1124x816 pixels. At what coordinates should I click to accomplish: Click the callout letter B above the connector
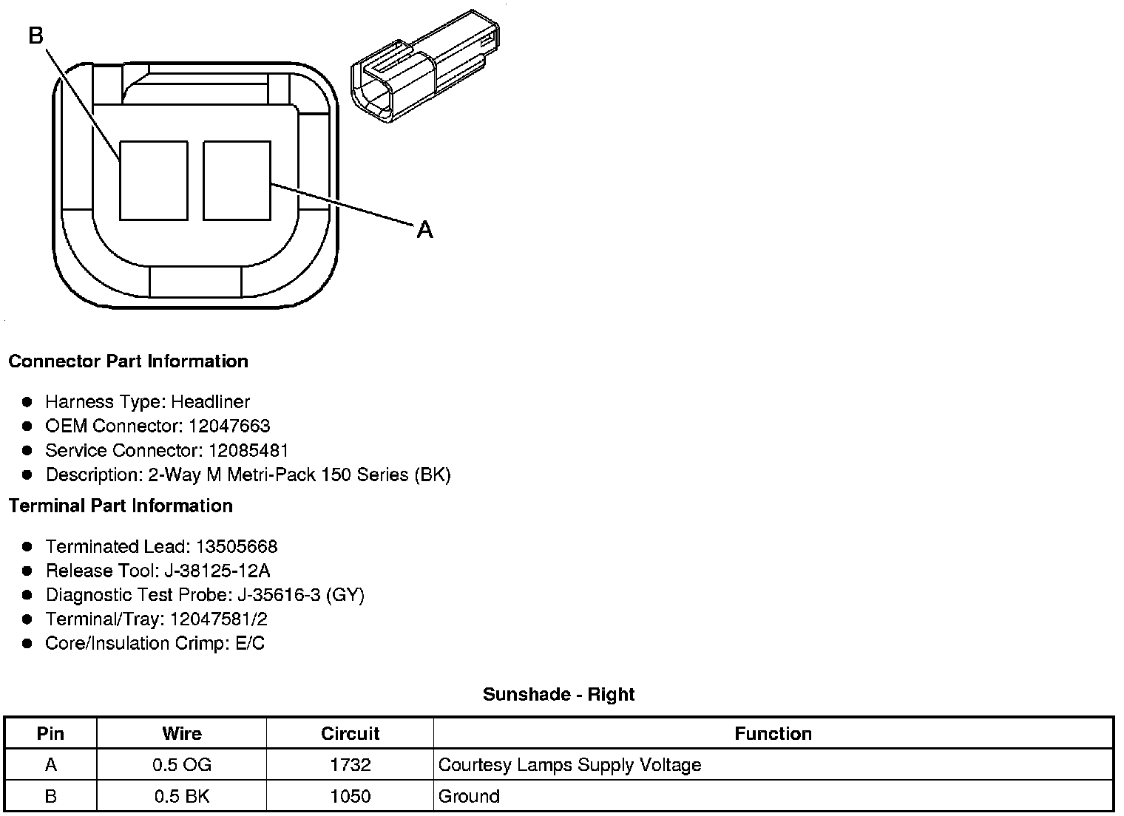click(x=36, y=35)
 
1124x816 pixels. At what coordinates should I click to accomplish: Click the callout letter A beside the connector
click(x=424, y=230)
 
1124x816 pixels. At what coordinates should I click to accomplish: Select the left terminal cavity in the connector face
click(x=153, y=181)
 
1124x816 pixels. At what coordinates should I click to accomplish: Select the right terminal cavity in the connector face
click(x=237, y=181)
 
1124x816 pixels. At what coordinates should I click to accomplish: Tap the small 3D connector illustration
click(x=424, y=67)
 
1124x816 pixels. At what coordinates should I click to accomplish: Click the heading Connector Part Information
click(x=128, y=361)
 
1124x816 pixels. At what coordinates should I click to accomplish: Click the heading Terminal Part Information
click(x=121, y=506)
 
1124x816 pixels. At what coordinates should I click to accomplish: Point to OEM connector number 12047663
click(x=229, y=426)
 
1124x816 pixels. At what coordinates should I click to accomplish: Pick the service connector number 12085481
click(x=248, y=450)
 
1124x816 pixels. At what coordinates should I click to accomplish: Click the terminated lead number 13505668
click(x=237, y=546)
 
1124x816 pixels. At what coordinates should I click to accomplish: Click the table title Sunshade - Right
click(x=558, y=694)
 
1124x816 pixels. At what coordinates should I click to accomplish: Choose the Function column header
click(x=773, y=733)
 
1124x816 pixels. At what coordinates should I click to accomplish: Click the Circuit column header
click(x=350, y=733)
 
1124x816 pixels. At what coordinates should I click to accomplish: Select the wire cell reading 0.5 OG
click(x=182, y=764)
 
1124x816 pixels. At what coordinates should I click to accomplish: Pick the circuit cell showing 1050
click(x=351, y=796)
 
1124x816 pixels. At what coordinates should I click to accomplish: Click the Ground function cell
click(x=469, y=796)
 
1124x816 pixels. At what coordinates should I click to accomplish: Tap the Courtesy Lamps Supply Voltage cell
click(x=569, y=764)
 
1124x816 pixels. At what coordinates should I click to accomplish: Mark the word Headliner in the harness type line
click(x=211, y=401)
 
